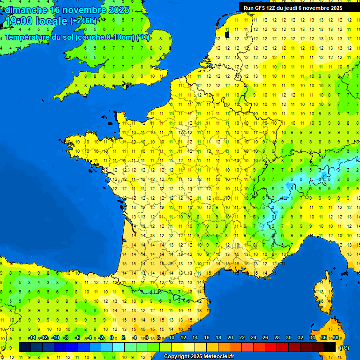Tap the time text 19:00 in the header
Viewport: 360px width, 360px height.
pyautogui.click(x=19, y=21)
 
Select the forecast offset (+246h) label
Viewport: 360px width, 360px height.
pyautogui.click(x=83, y=21)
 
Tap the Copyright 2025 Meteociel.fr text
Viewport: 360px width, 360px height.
pyautogui.click(x=199, y=357)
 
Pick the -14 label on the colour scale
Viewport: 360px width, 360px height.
pyautogui.click(x=32, y=338)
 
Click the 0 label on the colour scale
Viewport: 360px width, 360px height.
pyautogui.click(x=112, y=338)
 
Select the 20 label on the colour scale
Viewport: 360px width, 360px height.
pyautogui.click(x=230, y=338)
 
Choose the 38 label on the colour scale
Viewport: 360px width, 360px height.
pyautogui.click(x=335, y=338)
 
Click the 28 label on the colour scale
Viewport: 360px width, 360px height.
pyautogui.click(x=277, y=338)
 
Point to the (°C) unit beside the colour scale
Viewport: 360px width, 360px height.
pyautogui.click(x=345, y=348)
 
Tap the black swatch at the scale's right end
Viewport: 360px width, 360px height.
pyautogui.click(x=330, y=347)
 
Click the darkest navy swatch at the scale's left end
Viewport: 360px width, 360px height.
pyautogui.click(x=25, y=347)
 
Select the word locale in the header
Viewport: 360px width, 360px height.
pyautogui.click(x=51, y=21)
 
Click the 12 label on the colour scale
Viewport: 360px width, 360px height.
pyautogui.click(x=183, y=338)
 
